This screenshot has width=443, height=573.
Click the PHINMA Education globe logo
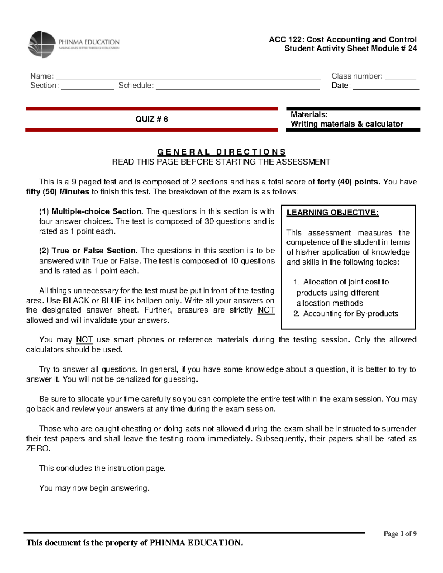(42, 44)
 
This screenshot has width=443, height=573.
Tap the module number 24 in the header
(412, 49)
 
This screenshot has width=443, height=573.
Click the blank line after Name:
(188, 77)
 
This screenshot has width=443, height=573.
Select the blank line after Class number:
(401, 77)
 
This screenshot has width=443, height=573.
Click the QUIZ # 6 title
(151, 119)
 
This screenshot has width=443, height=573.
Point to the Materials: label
(309, 115)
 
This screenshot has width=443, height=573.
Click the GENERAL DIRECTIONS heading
(221, 152)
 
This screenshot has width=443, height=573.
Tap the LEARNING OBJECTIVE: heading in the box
(332, 213)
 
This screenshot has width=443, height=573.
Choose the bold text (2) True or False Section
(89, 251)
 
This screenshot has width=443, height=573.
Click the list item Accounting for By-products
(351, 314)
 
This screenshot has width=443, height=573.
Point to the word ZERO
(37, 449)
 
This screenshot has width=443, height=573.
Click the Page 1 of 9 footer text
(400, 534)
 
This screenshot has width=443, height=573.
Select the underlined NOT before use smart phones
(84, 340)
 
